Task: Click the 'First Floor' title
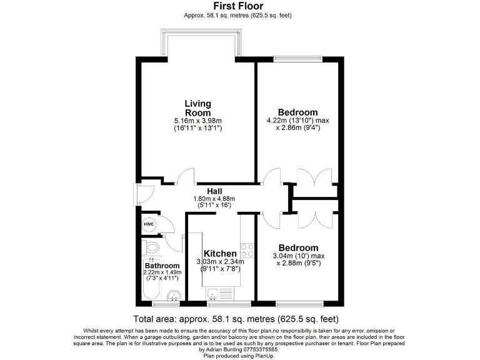[237, 6]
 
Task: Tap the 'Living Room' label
[197, 107]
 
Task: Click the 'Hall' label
[216, 191]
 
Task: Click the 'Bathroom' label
[162, 266]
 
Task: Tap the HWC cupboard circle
[149, 224]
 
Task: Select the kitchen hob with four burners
[247, 250]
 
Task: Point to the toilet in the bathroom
[151, 246]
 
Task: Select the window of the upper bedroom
[297, 59]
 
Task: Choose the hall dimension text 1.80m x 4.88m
[216, 198]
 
